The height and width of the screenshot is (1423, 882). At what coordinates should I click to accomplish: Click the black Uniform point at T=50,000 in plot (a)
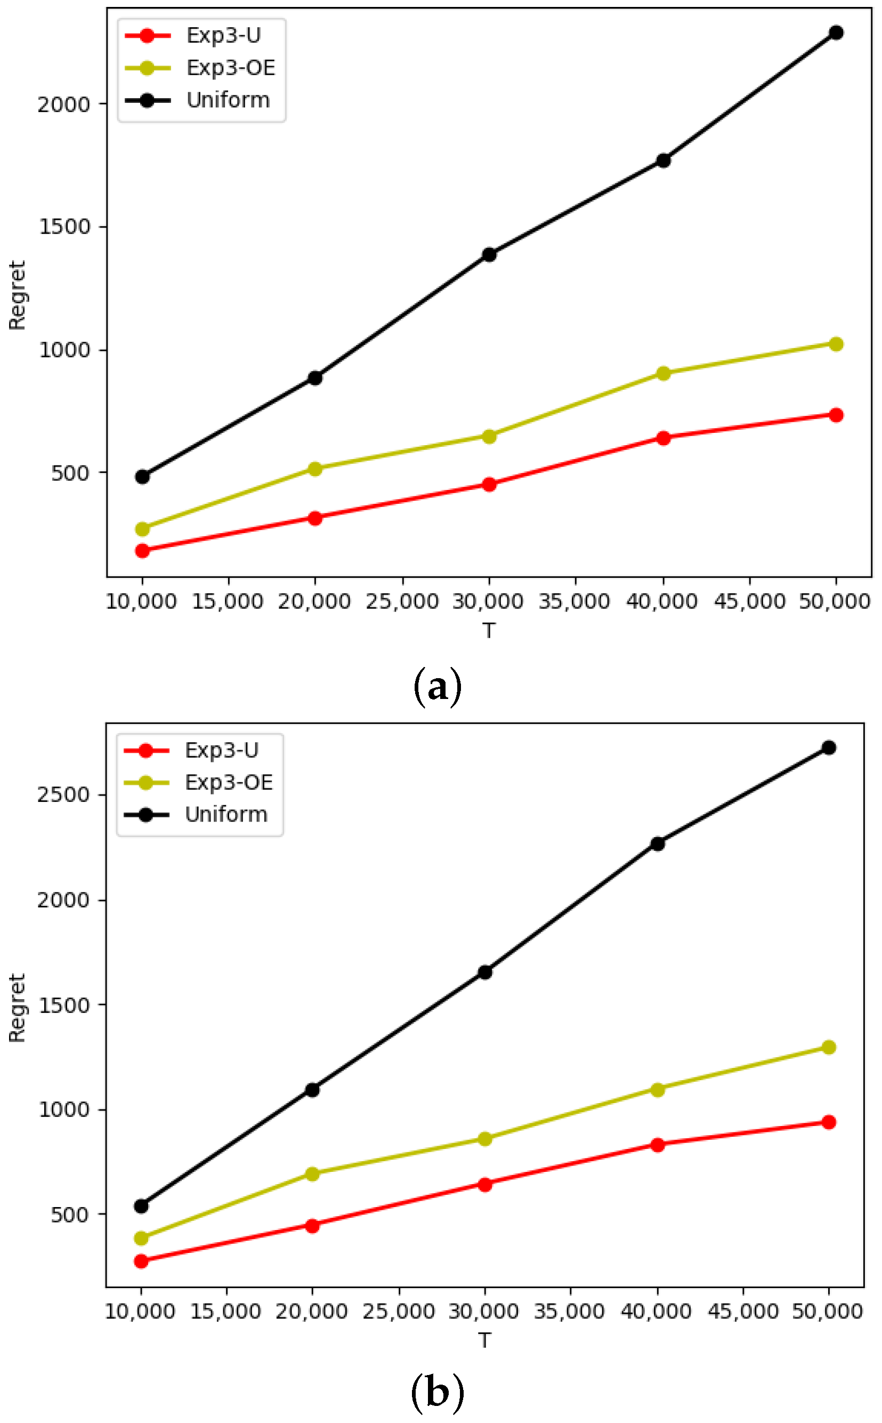[x=835, y=33]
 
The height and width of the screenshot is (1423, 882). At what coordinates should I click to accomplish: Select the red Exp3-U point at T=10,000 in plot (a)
[x=142, y=550]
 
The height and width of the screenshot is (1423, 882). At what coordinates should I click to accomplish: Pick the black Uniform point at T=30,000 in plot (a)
[x=489, y=254]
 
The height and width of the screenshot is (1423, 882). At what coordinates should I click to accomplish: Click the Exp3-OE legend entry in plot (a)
[x=230, y=68]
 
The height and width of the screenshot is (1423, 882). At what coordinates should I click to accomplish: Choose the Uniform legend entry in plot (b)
[x=226, y=814]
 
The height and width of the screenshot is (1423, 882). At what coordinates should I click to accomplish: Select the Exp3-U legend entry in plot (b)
[x=221, y=750]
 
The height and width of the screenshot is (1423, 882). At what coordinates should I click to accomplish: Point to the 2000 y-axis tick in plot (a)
[x=64, y=104]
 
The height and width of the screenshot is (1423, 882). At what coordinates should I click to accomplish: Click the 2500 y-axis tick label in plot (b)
[x=63, y=794]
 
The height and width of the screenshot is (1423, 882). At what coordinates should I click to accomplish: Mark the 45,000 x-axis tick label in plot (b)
[x=742, y=1311]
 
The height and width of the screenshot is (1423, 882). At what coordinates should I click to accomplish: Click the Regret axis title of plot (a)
[x=18, y=295]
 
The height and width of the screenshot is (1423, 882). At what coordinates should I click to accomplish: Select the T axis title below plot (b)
[x=484, y=1340]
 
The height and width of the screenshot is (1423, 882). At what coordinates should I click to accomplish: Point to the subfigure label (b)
[x=438, y=1392]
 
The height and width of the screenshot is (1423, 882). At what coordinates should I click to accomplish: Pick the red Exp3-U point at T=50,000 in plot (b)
[x=828, y=1122]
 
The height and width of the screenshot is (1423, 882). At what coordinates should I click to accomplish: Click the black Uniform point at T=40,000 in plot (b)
[x=658, y=843]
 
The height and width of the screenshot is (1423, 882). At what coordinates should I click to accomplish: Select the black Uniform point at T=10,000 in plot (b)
[x=141, y=1206]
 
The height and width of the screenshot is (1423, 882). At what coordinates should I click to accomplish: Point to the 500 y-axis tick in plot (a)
[x=70, y=472]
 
